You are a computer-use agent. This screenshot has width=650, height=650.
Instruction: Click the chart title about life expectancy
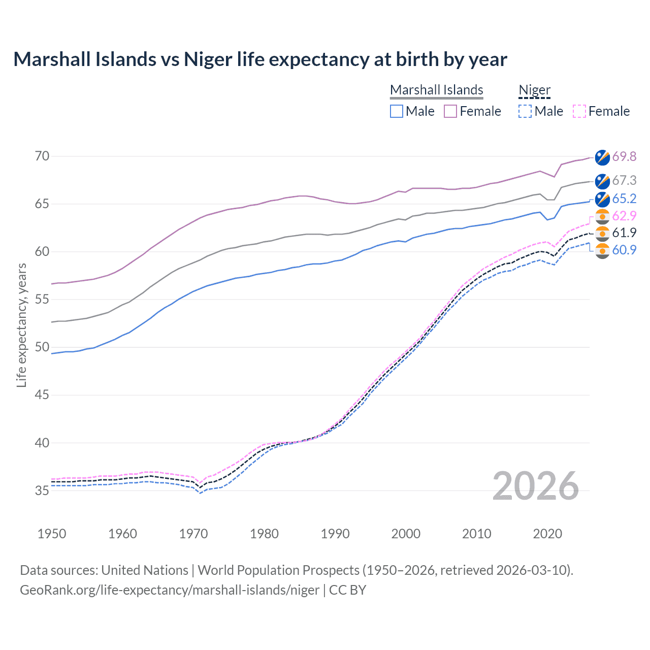click(260, 59)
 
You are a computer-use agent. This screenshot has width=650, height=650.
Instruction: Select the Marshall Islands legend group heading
click(436, 90)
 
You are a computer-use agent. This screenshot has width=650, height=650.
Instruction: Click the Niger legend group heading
click(534, 90)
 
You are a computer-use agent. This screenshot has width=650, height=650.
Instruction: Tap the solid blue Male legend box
click(397, 111)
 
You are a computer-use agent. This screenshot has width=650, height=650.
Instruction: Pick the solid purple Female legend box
click(450, 111)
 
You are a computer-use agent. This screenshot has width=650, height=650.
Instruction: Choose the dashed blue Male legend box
click(525, 111)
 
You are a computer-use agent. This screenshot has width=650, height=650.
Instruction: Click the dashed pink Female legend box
click(579, 111)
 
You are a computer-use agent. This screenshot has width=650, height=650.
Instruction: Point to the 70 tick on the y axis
click(42, 156)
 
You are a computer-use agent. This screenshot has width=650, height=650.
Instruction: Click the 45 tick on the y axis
click(42, 395)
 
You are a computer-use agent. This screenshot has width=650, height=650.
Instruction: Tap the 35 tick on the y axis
click(42, 491)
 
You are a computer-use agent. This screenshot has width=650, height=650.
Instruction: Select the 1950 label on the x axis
click(52, 534)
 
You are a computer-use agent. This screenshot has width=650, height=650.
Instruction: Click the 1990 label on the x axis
click(335, 534)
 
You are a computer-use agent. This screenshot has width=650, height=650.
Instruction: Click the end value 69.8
click(624, 156)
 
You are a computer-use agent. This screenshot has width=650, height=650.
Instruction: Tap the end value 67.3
click(624, 180)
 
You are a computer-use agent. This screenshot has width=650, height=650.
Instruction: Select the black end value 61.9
click(624, 233)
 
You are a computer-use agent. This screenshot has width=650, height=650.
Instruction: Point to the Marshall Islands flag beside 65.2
click(602, 199)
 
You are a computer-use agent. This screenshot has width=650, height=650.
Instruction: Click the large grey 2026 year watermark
click(535, 486)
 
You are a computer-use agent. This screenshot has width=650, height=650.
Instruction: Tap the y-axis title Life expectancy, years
click(21, 325)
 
